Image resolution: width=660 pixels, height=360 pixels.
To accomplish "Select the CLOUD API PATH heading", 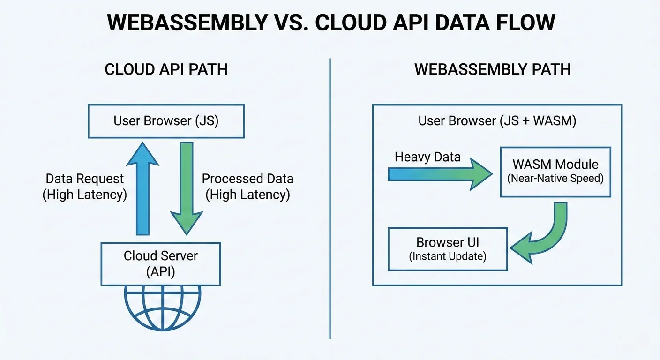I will point(166,69).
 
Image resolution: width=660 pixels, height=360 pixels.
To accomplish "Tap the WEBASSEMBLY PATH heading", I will point(493,69).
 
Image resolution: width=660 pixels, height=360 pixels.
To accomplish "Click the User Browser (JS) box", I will point(166,121).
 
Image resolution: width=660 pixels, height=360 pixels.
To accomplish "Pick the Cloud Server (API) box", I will point(160,264).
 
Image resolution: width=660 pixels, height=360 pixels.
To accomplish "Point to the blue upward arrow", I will point(142,187).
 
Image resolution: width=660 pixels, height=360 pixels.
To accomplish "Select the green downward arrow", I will point(187,187).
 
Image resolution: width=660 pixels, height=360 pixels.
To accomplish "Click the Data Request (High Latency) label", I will point(84,187).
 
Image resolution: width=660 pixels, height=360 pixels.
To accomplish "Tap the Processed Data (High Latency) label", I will point(247,187).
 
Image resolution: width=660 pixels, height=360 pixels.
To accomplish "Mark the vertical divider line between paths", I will point(330,197).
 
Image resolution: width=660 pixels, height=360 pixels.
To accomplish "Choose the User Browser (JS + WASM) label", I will point(497,121).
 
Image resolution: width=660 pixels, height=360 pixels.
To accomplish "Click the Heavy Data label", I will point(427,157).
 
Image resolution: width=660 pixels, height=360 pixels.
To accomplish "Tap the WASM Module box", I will point(555,171).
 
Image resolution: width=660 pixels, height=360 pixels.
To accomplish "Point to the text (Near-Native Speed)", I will point(555,179).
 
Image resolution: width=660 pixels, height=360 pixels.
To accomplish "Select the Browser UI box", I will point(448,249).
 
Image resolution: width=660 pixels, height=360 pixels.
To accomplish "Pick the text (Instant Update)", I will point(448,257).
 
